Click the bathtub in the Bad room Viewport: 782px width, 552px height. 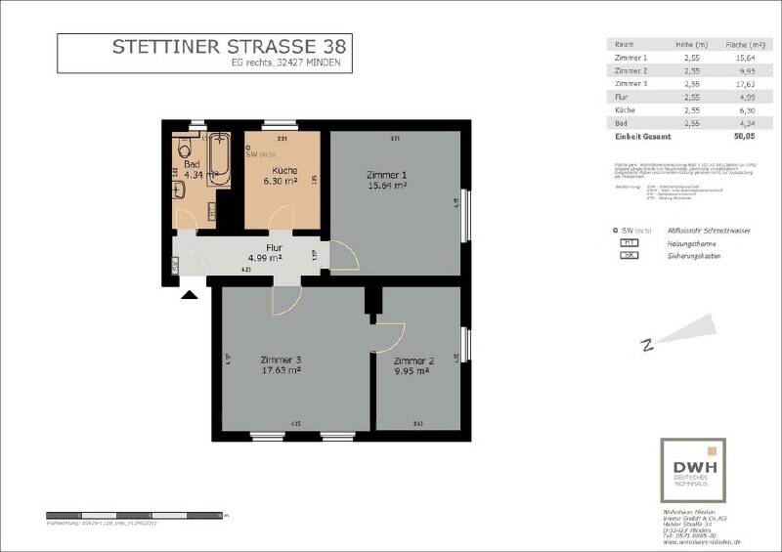[x=220, y=161]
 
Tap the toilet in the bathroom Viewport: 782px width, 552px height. [x=183, y=149]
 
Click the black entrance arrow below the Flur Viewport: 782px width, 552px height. [x=189, y=291]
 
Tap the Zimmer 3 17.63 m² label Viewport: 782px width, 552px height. [x=281, y=364]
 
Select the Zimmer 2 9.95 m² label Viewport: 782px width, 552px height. [x=412, y=364]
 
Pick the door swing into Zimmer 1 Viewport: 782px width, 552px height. [x=344, y=256]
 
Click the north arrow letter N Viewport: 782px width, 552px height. [x=646, y=344]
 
